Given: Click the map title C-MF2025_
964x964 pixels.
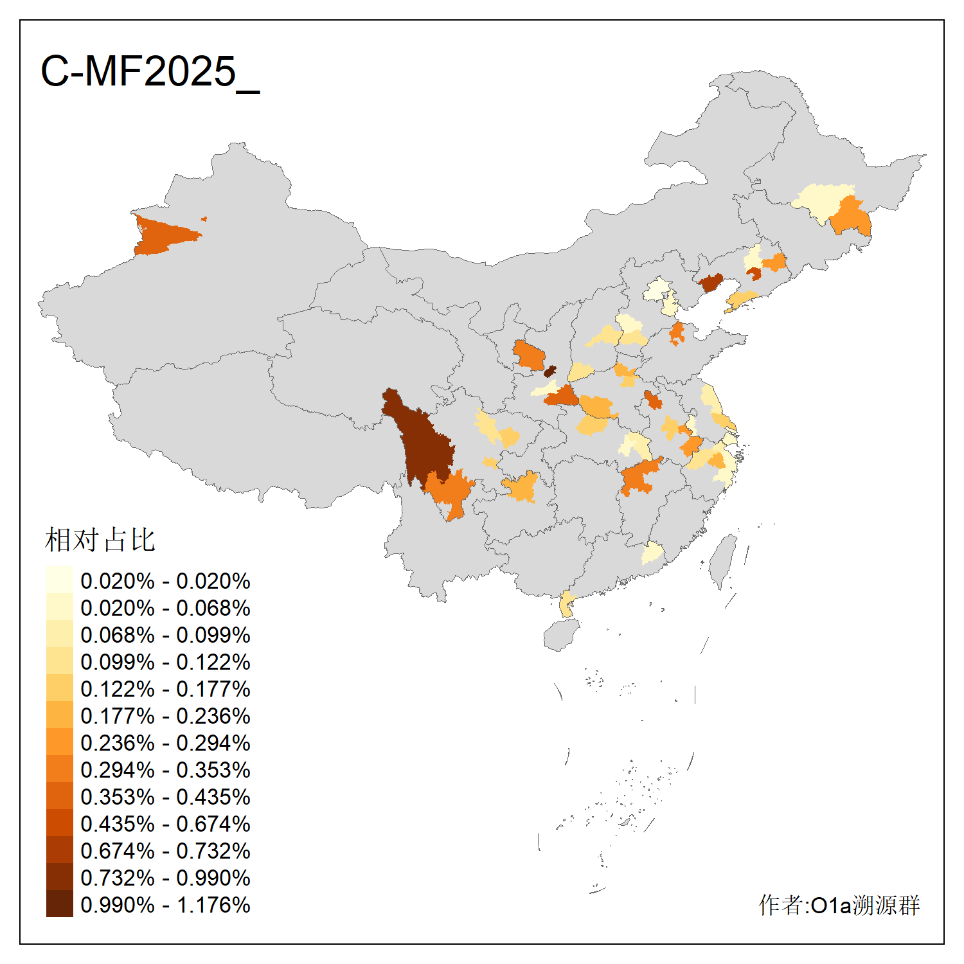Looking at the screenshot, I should click(150, 71).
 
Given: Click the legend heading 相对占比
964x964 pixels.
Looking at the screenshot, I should click(100, 540).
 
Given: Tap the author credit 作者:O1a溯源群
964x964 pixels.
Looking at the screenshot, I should click(839, 905).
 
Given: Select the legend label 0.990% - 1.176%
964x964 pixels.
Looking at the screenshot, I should click(165, 905).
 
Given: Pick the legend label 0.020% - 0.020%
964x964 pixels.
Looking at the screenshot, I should click(165, 581).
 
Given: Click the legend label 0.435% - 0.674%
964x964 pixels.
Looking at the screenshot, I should click(165, 824).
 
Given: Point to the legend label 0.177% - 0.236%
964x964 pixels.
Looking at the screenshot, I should click(165, 716).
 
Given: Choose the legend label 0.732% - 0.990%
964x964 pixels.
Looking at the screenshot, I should click(165, 878).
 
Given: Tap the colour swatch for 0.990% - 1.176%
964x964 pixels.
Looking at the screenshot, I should click(59, 904).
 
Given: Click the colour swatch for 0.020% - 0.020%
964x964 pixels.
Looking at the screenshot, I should click(59, 580).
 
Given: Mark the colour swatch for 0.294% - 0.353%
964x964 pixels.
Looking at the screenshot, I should click(59, 769).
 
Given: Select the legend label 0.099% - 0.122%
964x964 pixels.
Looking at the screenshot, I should click(165, 662).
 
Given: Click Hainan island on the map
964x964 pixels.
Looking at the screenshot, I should click(561, 635).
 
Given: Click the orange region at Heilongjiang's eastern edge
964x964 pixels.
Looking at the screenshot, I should click(852, 217).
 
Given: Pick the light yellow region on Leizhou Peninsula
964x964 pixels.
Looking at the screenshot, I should click(566, 604).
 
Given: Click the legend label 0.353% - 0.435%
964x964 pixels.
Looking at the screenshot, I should click(165, 797).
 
